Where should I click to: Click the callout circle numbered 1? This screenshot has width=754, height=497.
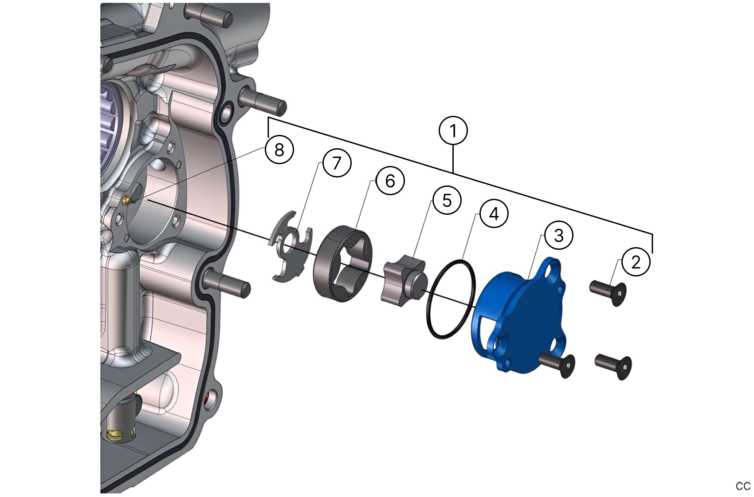pos(453,131)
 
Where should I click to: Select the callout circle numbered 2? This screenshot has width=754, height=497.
pos(636,262)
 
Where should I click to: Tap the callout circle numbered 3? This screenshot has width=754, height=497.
pos(558,235)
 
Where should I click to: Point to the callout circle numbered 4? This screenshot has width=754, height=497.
pos(494,214)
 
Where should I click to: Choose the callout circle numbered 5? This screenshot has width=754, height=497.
pos(447,200)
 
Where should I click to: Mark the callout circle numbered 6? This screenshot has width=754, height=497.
pos(390,181)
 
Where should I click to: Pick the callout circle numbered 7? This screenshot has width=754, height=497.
pos(337,163)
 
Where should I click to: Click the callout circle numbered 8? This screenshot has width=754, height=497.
pos(279,150)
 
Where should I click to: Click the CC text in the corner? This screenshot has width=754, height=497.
pos(743,486)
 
